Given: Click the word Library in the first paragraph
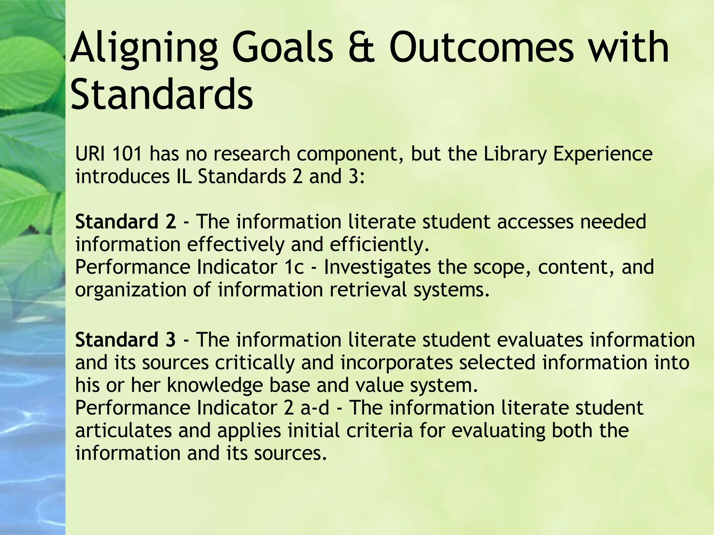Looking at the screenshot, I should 515,154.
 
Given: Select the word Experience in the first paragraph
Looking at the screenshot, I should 602,154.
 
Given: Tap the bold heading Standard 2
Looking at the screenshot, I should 126,222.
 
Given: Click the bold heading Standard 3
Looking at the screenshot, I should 126,340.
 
